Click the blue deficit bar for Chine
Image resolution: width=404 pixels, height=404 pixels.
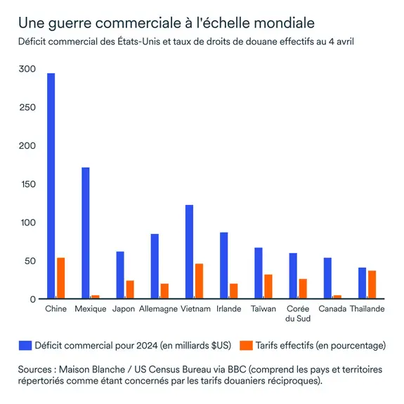pos(51,186)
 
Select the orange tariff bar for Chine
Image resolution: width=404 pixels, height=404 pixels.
pos(60,278)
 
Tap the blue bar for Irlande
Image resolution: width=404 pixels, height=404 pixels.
pos(223,266)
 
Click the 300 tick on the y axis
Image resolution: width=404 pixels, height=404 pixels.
pos(27,69)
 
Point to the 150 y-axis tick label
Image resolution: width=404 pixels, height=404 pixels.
pos(27,184)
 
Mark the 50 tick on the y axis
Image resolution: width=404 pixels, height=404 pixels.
pos(29,261)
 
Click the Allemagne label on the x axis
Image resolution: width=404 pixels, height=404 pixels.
pos(158,309)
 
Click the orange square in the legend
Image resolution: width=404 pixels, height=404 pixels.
pos(245,345)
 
